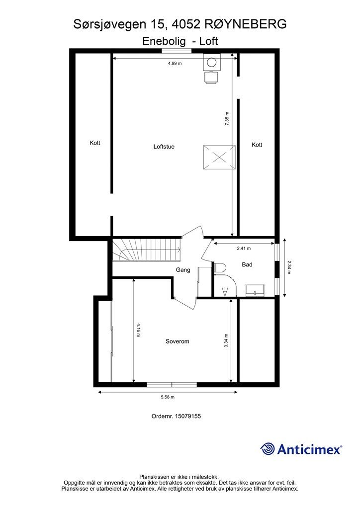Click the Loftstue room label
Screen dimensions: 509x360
[x=164, y=147]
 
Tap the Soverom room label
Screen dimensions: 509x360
[x=178, y=341]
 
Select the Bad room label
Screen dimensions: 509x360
[x=247, y=264]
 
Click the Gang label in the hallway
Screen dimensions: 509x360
[x=183, y=270]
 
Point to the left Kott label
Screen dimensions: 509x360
[x=95, y=143]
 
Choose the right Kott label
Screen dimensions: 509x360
[x=257, y=145]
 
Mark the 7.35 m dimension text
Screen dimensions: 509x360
[x=227, y=119]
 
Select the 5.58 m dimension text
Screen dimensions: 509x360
[x=167, y=397]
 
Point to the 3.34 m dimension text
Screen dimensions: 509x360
[x=226, y=340]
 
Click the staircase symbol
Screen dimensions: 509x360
[x=146, y=250]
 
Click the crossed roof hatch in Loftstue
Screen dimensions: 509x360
[x=218, y=158]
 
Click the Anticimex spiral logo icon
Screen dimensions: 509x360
[x=268, y=449]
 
